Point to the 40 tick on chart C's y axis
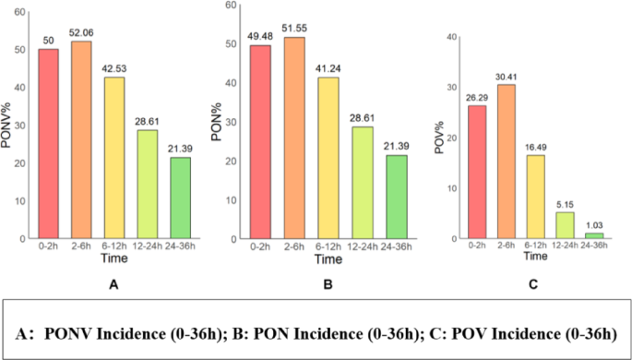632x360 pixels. (452, 37)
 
